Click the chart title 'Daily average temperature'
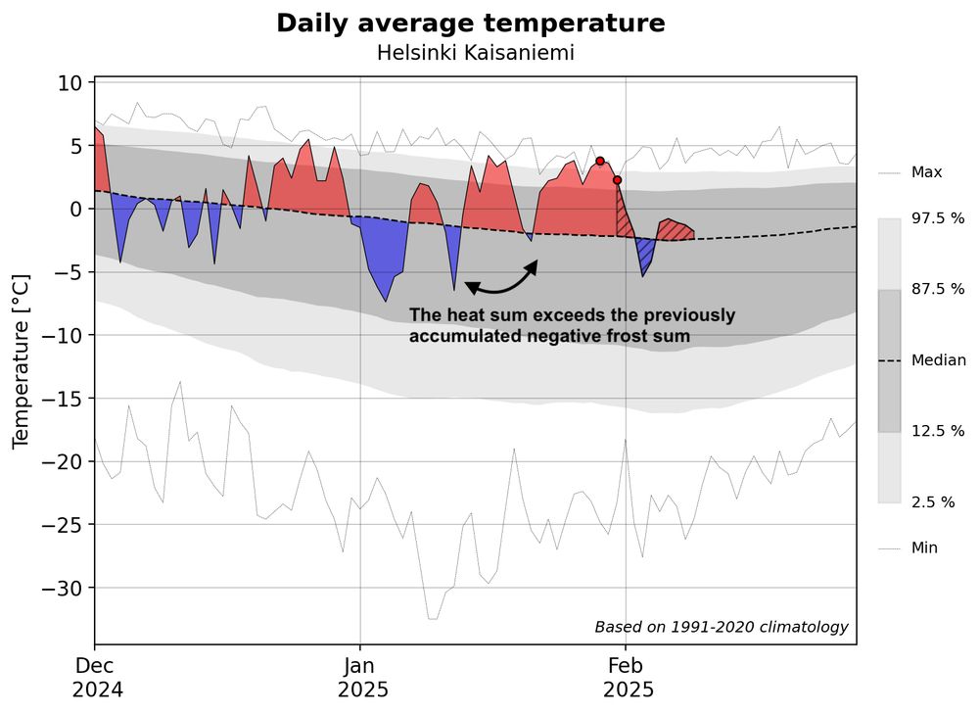pos(470,24)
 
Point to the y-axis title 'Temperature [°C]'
pos(21,361)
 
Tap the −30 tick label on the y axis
pos(64,588)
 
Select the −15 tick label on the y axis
pos(64,399)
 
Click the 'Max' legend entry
pos(926,172)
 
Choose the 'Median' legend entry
pos(938,360)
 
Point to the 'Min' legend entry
pos(924,548)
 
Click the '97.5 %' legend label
pos(938,218)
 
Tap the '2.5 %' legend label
pos(934,502)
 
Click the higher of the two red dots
pos(600,162)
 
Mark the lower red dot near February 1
pos(617,180)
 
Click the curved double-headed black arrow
pos(501,281)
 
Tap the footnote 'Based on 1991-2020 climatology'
pos(721,627)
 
